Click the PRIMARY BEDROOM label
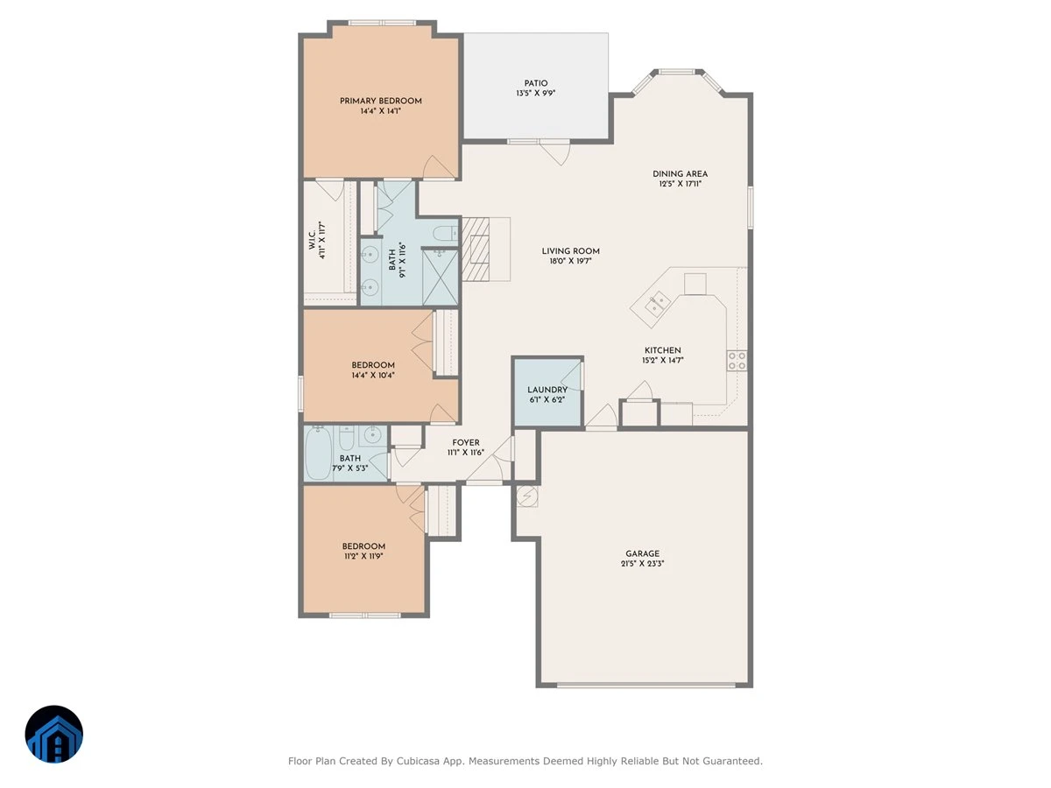pyautogui.click(x=381, y=101)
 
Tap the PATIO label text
pyautogui.click(x=536, y=83)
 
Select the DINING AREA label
pyautogui.click(x=680, y=173)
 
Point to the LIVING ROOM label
pyautogui.click(x=571, y=251)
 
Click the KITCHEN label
pyautogui.click(x=663, y=350)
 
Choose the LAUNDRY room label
pyautogui.click(x=547, y=390)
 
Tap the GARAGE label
pyautogui.click(x=643, y=553)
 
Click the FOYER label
pyautogui.click(x=466, y=442)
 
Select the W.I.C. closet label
pyautogui.click(x=312, y=240)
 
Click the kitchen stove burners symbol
pyautogui.click(x=737, y=360)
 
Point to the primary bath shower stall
pyautogui.click(x=440, y=277)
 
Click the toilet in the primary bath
pyautogui.click(x=446, y=234)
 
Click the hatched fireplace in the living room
pyautogui.click(x=476, y=249)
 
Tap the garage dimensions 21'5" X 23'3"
pyautogui.click(x=643, y=564)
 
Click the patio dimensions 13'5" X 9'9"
pyautogui.click(x=536, y=94)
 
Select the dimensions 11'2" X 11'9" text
pyautogui.click(x=363, y=557)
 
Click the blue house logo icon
pyautogui.click(x=54, y=734)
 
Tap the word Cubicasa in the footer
pyautogui.click(x=418, y=761)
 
